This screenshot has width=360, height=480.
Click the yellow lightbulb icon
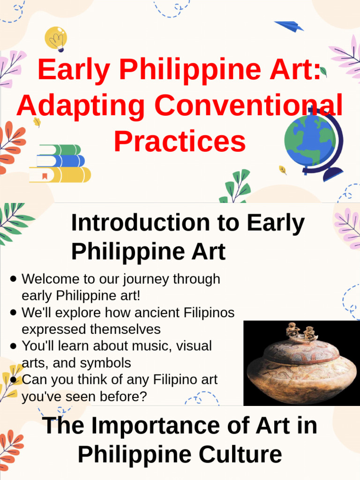click(55, 38)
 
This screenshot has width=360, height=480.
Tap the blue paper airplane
click(289, 26)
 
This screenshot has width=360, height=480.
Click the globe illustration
click(312, 141)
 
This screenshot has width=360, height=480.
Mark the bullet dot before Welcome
click(13, 279)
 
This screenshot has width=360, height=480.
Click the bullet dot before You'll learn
click(13, 346)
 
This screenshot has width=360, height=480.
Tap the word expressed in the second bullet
click(52, 329)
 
